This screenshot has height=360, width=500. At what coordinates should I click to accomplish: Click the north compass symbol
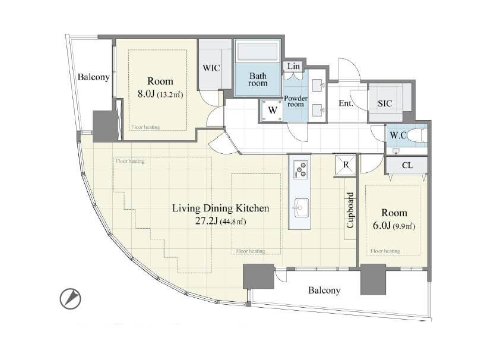(71, 299)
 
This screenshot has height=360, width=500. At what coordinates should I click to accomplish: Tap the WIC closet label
(211, 68)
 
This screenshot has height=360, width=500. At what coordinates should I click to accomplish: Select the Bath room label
(258, 80)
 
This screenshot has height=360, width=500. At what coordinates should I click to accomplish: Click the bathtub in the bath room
(258, 52)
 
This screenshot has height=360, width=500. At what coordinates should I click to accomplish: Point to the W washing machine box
(272, 110)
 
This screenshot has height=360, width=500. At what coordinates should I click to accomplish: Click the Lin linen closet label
(293, 66)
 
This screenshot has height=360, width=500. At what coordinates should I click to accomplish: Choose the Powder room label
(296, 101)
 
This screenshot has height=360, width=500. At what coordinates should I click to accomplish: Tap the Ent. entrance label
(346, 103)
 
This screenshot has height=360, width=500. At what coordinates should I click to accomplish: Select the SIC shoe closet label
(385, 103)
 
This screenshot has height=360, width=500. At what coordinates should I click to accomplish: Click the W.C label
(398, 135)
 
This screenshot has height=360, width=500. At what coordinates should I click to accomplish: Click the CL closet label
(407, 165)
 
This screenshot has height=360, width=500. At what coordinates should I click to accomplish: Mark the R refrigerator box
(346, 165)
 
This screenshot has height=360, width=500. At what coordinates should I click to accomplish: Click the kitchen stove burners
(300, 169)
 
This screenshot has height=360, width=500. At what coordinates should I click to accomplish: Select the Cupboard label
(350, 210)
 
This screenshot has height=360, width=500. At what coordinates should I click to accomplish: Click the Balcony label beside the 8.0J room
(93, 77)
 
